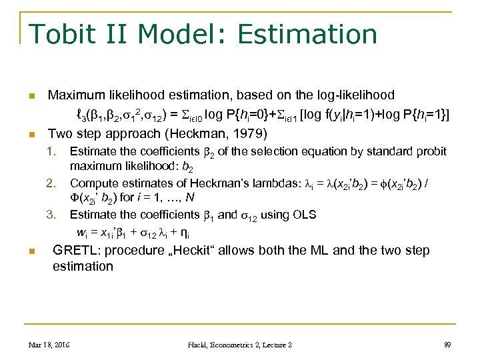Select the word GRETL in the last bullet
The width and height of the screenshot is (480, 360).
pos(72,251)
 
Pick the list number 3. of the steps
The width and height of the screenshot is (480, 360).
pos(51,215)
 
